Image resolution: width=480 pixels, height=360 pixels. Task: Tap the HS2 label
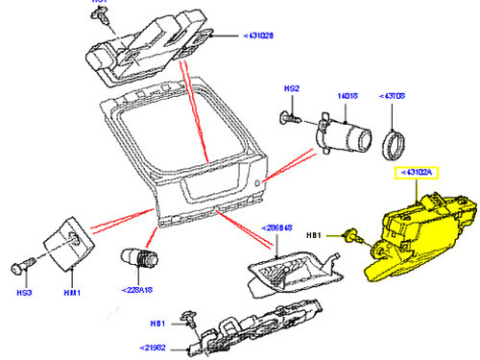[292, 88]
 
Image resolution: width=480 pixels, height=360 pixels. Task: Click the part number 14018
[347, 96]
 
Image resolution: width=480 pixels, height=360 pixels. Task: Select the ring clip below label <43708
[396, 144]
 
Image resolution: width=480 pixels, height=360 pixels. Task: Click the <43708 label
[396, 97]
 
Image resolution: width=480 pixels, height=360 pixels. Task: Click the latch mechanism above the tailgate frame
[149, 48]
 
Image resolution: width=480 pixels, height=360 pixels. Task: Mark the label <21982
[155, 346]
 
